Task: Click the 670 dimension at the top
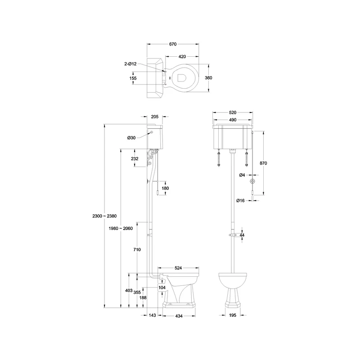pyautogui.click(x=173, y=44)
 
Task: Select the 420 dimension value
pyautogui.click(x=182, y=57)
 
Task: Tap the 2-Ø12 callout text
pyautogui.click(x=130, y=64)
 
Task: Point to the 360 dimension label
pyautogui.click(x=208, y=78)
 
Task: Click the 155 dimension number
pyautogui.click(x=133, y=78)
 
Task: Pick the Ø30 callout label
pyautogui.click(x=131, y=138)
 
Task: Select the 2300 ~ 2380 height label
pyautogui.click(x=104, y=216)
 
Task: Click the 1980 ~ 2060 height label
pyautogui.click(x=121, y=229)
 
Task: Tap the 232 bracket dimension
pyautogui.click(x=135, y=159)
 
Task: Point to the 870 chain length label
pyautogui.click(x=263, y=163)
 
